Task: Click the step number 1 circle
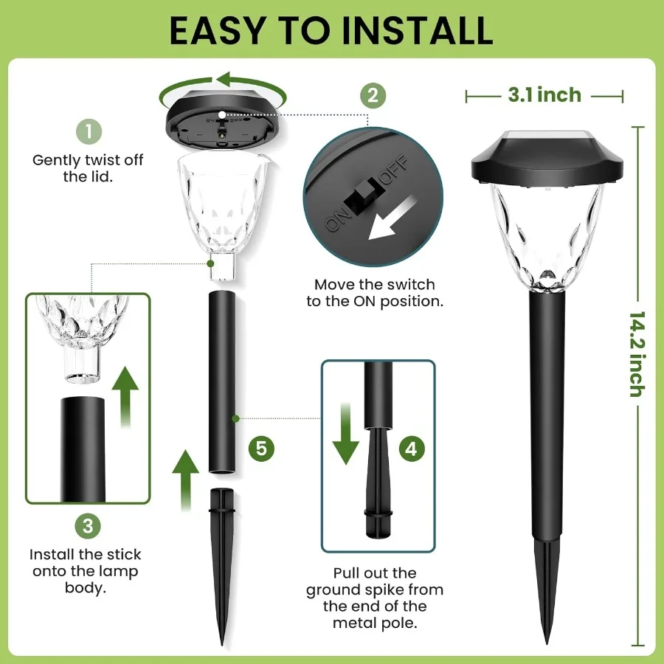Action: click(x=89, y=133)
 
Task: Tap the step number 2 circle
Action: click(x=373, y=94)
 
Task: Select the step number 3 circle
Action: click(x=88, y=525)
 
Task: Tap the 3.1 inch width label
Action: click(x=544, y=95)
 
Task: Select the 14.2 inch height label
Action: click(x=636, y=354)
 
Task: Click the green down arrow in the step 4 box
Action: click(x=345, y=435)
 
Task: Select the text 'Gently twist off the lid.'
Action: click(x=88, y=168)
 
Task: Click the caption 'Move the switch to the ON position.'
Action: click(x=374, y=293)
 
